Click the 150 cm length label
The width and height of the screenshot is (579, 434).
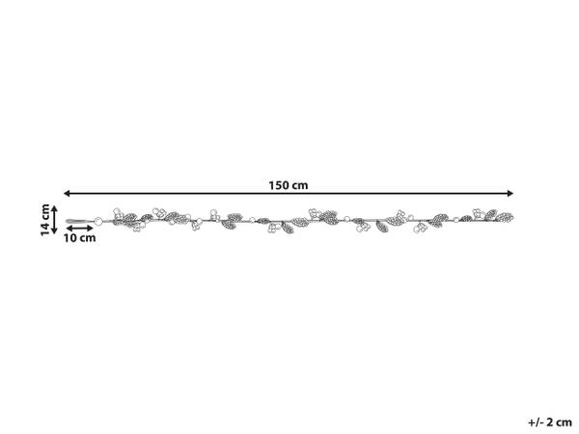pos(288,185)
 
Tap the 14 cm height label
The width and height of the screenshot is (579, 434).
pos(45,220)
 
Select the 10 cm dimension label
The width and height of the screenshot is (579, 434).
pos(79,238)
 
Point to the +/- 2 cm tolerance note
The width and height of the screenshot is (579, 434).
pos(550,421)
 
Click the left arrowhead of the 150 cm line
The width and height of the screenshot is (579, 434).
pos(67,193)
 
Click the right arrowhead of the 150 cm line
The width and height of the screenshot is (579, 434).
pos(510,193)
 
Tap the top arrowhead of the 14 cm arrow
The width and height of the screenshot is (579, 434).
pos(54,208)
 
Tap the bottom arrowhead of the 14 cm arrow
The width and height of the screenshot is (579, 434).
pos(54,231)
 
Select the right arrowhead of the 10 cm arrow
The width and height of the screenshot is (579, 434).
pos(91,229)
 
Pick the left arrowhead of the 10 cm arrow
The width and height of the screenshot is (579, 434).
pos(69,229)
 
